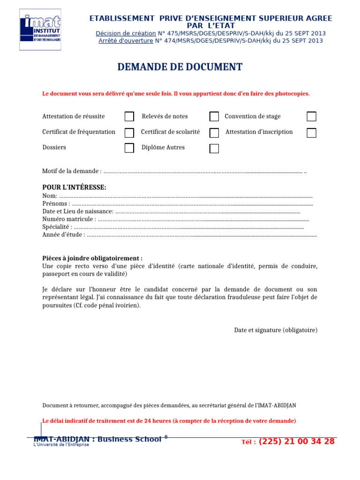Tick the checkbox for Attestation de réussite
tap(129, 117)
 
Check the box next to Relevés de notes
tap(214, 117)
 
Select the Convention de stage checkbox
tap(311, 117)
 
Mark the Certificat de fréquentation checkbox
tap(129, 133)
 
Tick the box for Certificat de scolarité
tap(214, 133)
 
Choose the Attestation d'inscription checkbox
tap(311, 133)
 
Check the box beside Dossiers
tap(129, 148)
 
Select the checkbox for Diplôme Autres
tap(214, 149)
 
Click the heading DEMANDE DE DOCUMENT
tap(180, 67)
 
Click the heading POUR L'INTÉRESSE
tap(74, 187)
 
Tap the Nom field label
tap(50, 196)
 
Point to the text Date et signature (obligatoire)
tap(276, 330)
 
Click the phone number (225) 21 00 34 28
tap(296, 442)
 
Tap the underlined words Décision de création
tap(126, 33)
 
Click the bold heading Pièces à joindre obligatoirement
tap(92, 258)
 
